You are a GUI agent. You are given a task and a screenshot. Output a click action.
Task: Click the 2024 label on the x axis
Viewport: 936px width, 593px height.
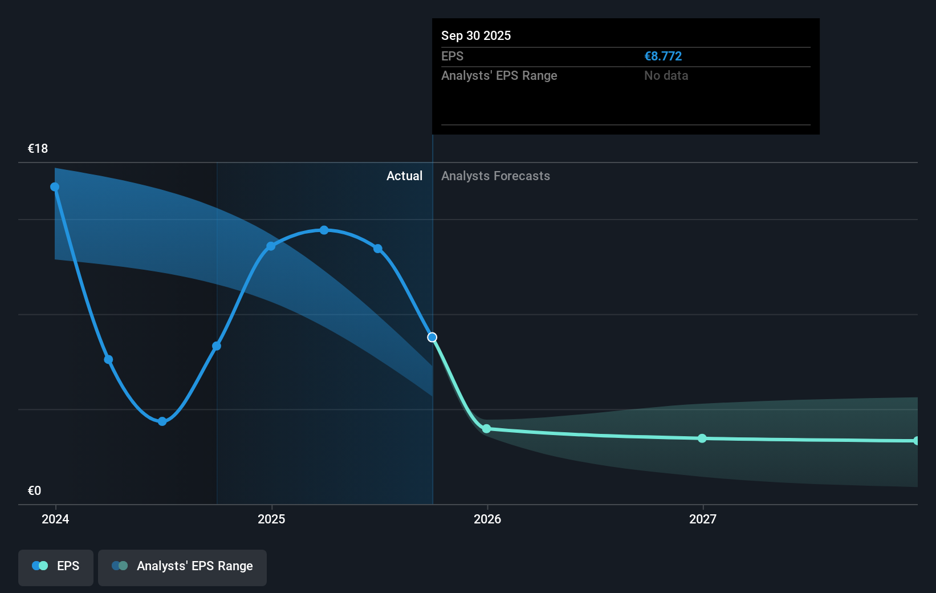click(x=55, y=519)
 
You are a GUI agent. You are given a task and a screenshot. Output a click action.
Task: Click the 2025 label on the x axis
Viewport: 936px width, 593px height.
click(x=271, y=519)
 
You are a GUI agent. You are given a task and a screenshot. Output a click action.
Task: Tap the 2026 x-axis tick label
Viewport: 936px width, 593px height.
click(x=487, y=519)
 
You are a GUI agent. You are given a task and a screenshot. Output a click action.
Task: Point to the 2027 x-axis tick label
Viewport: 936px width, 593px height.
click(x=703, y=519)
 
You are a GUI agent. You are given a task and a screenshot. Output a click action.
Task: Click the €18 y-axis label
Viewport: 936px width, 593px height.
click(x=38, y=149)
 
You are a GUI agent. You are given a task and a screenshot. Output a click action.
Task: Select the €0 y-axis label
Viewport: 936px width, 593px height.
click(x=35, y=491)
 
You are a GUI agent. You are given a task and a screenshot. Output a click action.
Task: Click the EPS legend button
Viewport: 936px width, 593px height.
click(x=56, y=566)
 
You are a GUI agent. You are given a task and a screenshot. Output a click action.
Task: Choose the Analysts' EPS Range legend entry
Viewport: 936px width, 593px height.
click(x=182, y=566)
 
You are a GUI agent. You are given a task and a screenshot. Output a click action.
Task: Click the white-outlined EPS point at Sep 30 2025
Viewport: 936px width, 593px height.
click(x=433, y=338)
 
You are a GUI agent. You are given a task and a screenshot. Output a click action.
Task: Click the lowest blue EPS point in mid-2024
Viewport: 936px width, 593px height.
click(x=162, y=421)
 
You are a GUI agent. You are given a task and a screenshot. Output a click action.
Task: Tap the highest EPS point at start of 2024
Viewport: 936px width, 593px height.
click(x=55, y=187)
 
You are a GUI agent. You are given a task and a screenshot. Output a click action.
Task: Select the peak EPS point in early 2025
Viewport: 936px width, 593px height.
click(x=324, y=230)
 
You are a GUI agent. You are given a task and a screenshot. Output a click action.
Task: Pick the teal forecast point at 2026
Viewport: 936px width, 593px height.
click(x=486, y=429)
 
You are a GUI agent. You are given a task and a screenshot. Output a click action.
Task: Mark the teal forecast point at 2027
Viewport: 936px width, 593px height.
click(x=702, y=438)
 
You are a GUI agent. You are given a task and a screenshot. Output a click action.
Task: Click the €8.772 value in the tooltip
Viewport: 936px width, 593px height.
click(x=663, y=56)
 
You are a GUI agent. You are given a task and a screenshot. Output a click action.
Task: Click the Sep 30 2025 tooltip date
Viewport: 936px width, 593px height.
click(x=476, y=36)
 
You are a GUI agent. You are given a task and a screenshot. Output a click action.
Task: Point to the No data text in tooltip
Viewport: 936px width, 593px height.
click(x=666, y=76)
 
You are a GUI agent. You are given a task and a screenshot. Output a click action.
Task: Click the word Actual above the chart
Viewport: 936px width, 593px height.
click(x=404, y=176)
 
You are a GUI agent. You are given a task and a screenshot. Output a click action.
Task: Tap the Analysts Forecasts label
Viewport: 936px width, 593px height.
click(x=495, y=176)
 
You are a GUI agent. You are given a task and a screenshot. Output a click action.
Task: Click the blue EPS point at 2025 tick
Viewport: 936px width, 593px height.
click(x=271, y=246)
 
